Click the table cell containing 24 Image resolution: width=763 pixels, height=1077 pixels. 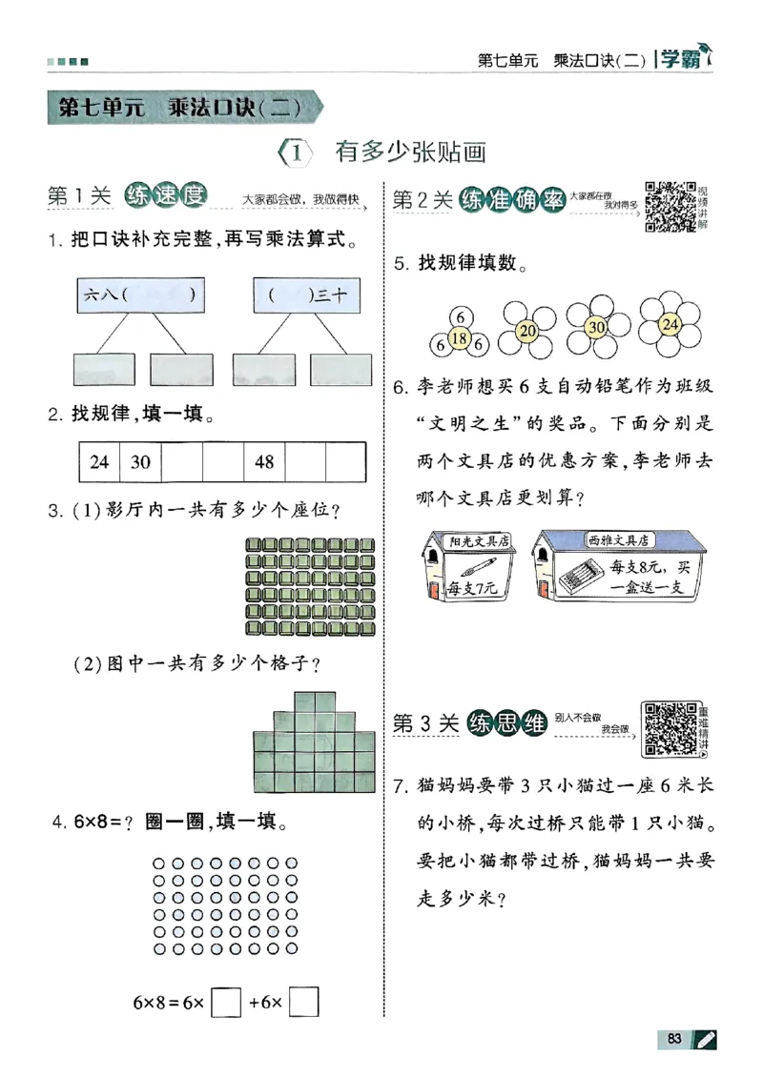pos(98,462)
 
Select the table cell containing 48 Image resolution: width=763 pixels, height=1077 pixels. pos(264,462)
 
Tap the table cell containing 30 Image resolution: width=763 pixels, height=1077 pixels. pos(140,462)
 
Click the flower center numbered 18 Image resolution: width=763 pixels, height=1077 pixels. pos(458,337)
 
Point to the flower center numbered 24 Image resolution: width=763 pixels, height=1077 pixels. pos(670,325)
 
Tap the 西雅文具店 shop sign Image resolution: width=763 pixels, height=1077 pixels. pos(618,539)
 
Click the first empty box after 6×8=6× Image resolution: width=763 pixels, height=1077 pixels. pos(226,1002)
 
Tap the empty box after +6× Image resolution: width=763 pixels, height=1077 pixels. pos(303,1002)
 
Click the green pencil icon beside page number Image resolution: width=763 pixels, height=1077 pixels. pos(707,1038)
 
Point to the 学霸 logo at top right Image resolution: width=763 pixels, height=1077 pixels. pos(685,60)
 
